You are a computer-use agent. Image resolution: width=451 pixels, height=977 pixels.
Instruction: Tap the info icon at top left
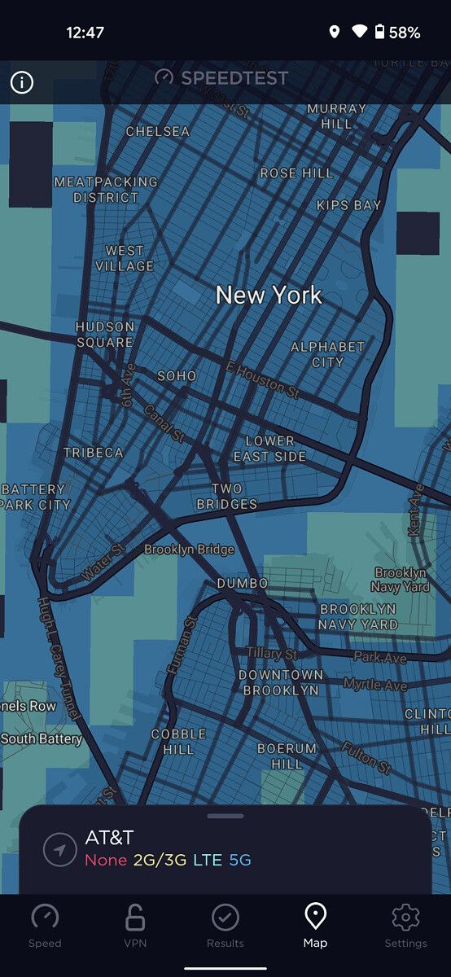coord(22,82)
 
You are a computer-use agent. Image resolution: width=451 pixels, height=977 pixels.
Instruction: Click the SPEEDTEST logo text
coord(234,78)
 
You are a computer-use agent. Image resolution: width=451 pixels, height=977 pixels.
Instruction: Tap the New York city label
coord(269,295)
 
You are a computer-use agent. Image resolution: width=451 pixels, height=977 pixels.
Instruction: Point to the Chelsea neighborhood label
coord(158,131)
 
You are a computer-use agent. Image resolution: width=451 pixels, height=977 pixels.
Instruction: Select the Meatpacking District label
coord(106,190)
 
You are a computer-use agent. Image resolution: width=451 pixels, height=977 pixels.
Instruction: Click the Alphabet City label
coord(328,354)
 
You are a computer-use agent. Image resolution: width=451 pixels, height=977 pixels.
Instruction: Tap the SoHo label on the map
coord(177,375)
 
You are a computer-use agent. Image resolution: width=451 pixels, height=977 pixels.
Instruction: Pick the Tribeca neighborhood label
coord(94,453)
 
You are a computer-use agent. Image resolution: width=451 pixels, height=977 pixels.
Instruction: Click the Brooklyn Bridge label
coord(189,550)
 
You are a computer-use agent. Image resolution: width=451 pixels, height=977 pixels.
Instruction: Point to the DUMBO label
coord(243,584)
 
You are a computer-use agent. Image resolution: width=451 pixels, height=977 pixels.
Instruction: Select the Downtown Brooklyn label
coord(281,682)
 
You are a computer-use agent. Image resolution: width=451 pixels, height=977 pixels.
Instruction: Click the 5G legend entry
coord(240,860)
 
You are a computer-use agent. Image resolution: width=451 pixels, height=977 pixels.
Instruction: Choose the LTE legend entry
coord(207,860)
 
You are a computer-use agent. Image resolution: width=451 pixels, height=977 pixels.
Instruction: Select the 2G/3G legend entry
coord(160,860)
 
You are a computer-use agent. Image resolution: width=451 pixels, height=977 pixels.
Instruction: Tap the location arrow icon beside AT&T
coord(60,850)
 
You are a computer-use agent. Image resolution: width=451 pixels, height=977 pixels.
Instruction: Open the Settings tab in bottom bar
coord(405,926)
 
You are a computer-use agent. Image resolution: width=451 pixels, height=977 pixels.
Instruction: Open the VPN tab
coord(135,926)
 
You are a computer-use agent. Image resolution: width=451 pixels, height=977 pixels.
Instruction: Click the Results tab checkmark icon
coord(225,918)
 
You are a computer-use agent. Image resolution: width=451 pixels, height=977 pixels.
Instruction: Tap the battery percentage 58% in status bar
coord(405,33)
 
